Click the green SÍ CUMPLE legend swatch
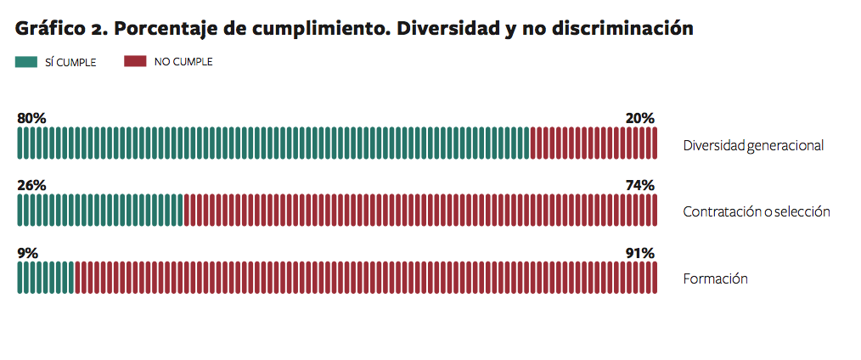[26, 62]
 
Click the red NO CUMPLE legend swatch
[135, 62]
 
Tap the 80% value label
[31, 118]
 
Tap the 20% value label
[639, 118]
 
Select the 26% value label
[31, 186]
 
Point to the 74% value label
[639, 186]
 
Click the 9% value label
[27, 253]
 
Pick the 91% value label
[639, 253]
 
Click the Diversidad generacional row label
[753, 145]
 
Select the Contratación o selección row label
[756, 211]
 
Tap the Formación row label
[715, 278]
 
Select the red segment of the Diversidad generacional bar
[594, 143]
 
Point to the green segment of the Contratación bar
[100, 211]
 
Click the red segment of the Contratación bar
[420, 211]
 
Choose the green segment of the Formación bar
[46, 278]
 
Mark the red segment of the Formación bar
[366, 278]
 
